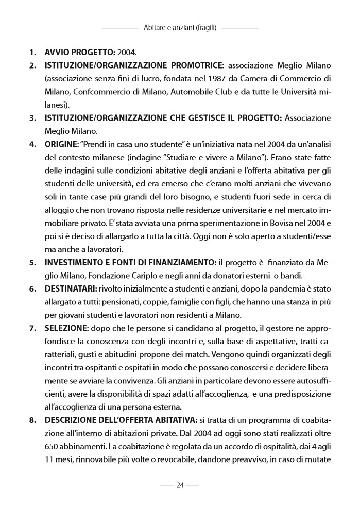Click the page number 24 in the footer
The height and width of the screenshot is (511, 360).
(x=180, y=485)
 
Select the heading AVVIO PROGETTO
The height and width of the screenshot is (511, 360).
(x=80, y=53)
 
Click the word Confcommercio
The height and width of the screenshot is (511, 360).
(x=93, y=92)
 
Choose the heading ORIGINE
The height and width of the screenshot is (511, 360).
(x=60, y=144)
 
